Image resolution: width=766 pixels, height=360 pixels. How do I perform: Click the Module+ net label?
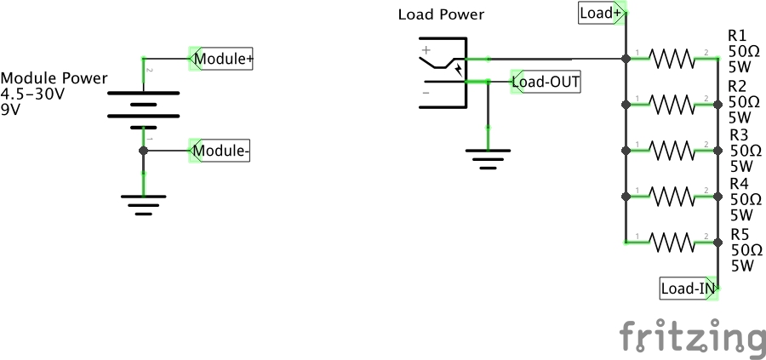[220, 60]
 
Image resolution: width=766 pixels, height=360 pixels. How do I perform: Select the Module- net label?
[220, 151]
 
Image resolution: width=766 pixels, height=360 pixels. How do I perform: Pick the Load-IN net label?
[688, 289]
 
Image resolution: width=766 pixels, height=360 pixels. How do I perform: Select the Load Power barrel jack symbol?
[443, 73]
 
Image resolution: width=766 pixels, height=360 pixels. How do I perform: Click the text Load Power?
[441, 14]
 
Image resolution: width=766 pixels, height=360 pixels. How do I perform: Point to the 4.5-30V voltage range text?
[33, 94]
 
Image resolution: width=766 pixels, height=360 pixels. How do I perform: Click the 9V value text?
[11, 109]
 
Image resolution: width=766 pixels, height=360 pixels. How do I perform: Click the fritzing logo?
[690, 336]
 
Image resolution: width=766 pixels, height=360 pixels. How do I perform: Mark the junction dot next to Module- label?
[143, 151]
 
